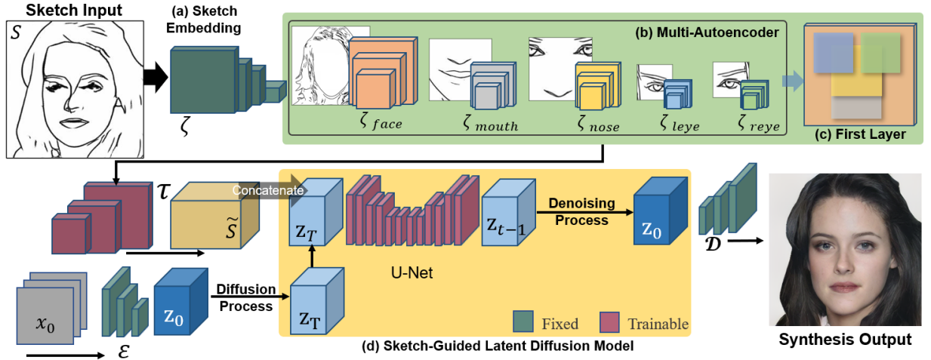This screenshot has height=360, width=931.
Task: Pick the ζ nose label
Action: point(595,124)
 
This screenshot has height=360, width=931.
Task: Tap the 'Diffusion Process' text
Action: point(245,297)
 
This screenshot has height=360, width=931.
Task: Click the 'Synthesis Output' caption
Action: point(845,339)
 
